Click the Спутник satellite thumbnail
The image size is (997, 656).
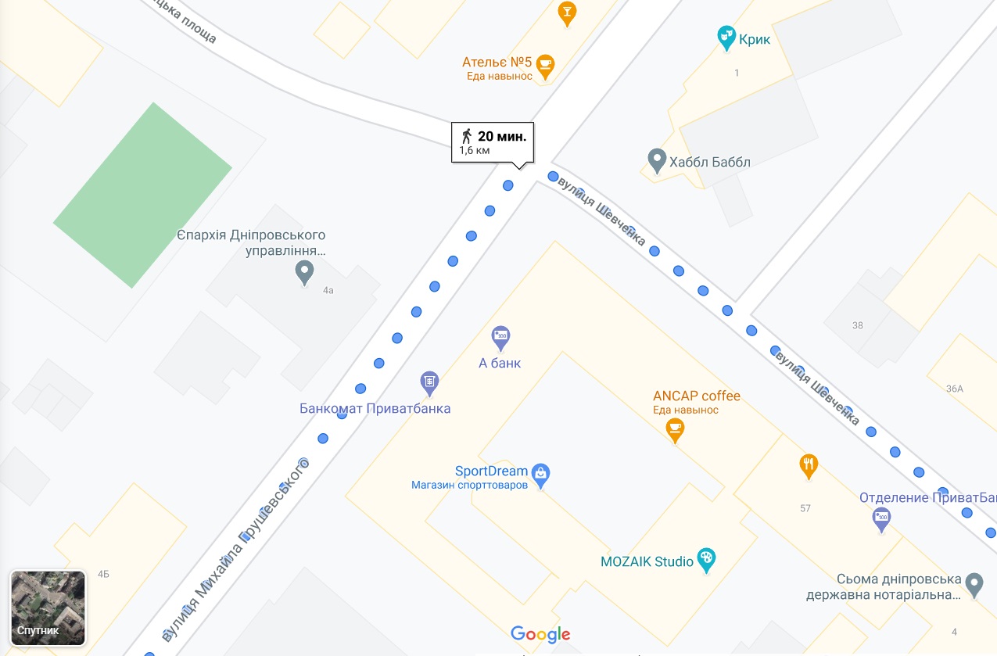48,608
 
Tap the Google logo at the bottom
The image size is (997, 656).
540,634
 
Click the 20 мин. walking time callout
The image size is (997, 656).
493,142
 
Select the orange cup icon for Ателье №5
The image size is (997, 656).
546,65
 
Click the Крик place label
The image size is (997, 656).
755,38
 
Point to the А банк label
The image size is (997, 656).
500,363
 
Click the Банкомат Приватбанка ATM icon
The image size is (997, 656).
429,382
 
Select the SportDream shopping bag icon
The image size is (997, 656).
540,473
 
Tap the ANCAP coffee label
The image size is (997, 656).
697,396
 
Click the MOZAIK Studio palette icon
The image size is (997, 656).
706,559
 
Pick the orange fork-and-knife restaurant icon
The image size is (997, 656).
809,466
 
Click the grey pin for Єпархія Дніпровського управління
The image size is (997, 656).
305,272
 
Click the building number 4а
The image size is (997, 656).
328,290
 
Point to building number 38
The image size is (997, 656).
858,325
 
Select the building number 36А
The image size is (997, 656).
954,389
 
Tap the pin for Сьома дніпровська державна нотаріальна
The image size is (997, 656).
974,583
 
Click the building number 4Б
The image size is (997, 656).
103,575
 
